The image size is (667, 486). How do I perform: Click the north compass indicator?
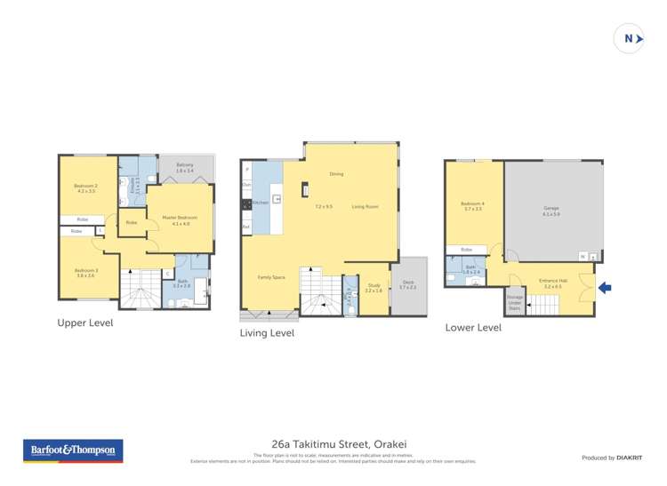point(630,38)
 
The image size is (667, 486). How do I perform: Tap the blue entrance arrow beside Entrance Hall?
point(606,287)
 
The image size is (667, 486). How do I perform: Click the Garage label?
point(551,211)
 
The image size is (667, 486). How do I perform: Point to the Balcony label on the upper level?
point(185,166)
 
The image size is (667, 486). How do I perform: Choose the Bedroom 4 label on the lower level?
point(472,206)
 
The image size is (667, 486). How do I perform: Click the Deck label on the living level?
point(407,283)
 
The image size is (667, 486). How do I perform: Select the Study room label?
point(374,287)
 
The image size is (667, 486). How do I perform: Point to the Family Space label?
point(271,277)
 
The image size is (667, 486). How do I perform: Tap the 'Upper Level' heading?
point(84,323)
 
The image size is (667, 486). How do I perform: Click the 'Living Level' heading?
point(267,333)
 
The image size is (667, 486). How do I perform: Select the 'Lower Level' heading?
point(473,328)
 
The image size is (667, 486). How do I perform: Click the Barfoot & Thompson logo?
point(73,450)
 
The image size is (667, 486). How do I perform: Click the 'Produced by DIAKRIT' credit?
point(611,458)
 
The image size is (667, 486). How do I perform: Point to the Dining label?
point(336,174)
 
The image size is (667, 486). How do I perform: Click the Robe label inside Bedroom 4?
point(467,250)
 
